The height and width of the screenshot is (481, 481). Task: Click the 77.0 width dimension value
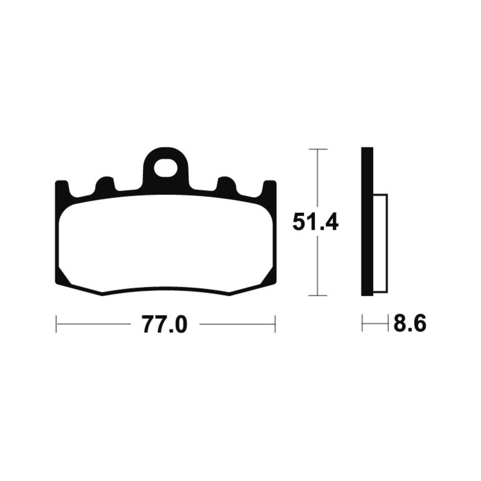[164, 324]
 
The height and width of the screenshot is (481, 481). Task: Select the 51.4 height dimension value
[316, 221]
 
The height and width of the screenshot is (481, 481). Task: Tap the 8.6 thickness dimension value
[410, 323]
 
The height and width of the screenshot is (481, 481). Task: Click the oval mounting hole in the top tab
[166, 168]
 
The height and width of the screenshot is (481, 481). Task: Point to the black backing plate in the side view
[367, 221]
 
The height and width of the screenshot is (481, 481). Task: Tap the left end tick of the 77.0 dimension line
[56, 324]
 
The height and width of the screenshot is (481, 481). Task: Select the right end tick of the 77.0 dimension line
[275, 324]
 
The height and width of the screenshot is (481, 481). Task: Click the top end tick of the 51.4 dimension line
[318, 149]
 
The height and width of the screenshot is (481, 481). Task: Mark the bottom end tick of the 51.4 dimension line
[318, 296]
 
